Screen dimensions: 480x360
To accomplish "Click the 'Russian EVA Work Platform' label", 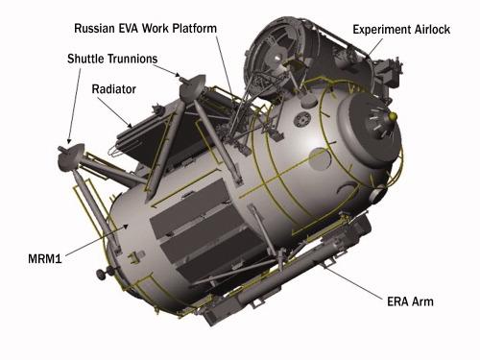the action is pyautogui.click(x=145, y=28).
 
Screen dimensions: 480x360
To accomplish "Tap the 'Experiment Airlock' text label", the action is pyautogui.click(x=401, y=30).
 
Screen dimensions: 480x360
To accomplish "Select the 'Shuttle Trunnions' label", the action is pyautogui.click(x=112, y=59).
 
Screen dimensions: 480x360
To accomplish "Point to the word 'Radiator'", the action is pyautogui.click(x=113, y=88).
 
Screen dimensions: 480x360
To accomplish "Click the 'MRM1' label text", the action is pyautogui.click(x=45, y=258).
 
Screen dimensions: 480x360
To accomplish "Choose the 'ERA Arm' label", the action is pyautogui.click(x=410, y=301).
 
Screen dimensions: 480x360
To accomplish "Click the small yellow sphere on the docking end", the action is pyautogui.click(x=393, y=115).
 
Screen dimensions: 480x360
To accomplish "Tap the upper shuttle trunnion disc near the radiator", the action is pyautogui.click(x=192, y=87).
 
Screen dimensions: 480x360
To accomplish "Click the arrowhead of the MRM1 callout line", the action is pyautogui.click(x=127, y=227).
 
